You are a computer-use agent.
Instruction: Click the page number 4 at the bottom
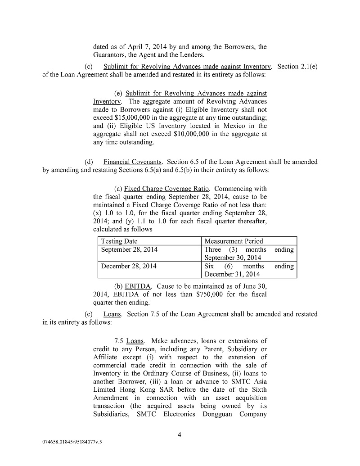click(x=179, y=434)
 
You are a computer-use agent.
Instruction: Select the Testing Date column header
click(x=119, y=241)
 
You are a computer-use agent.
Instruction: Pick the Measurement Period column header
click(x=234, y=241)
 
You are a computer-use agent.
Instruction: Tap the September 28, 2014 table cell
click(x=129, y=249)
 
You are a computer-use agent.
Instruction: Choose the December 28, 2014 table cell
click(x=129, y=266)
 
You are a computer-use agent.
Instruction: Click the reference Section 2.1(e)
click(x=297, y=66)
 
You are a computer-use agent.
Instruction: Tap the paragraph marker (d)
click(x=89, y=162)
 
